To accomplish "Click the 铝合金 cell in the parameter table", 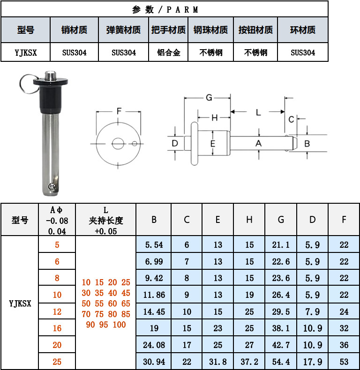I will [168, 52].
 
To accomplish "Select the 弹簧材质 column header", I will [124, 30].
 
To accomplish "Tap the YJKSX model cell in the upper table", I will [25, 52].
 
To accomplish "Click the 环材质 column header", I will [302, 30].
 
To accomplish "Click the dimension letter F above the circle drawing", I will [119, 111].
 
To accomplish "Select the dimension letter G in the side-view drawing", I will [209, 97].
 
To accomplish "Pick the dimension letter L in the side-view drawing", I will [258, 112].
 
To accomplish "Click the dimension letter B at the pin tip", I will [307, 143].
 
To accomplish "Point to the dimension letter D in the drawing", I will [175, 143].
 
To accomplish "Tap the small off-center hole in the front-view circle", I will [135, 143].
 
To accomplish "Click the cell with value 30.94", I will [154, 362].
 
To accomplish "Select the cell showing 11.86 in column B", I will [154, 295].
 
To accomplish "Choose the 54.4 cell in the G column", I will [281, 362].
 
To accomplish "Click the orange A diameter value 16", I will [57, 328].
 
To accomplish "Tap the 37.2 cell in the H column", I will [249, 362].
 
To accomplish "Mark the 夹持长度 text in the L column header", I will [105, 220].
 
